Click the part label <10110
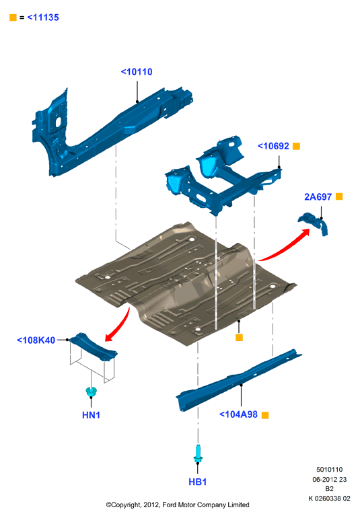(137, 72)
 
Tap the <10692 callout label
(273, 146)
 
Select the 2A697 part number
(318, 197)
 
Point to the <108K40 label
(36, 340)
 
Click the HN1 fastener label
(91, 415)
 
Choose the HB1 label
(198, 482)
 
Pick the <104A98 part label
(238, 414)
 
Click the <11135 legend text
(43, 17)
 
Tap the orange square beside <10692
(297, 146)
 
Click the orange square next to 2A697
(339, 196)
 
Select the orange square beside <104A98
(265, 415)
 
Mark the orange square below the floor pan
(239, 337)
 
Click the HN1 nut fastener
(91, 392)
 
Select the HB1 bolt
(198, 453)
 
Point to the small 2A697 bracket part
(314, 223)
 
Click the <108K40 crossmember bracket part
(94, 346)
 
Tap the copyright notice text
(178, 505)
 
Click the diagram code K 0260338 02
(329, 498)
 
